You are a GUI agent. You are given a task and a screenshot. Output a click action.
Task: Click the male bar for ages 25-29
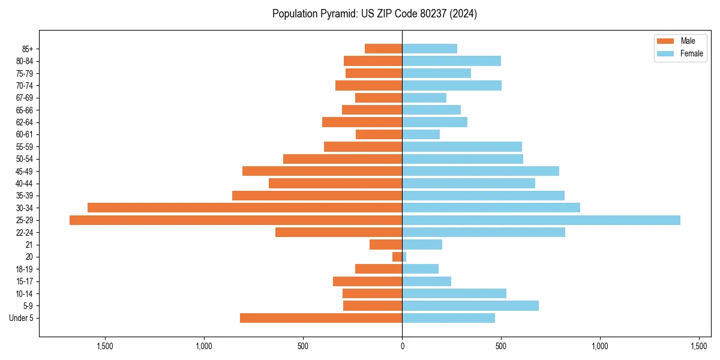pos(236,220)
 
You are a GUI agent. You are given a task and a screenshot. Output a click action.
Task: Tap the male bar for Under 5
pos(321,318)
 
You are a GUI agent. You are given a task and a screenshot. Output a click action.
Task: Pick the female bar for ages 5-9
pos(470,306)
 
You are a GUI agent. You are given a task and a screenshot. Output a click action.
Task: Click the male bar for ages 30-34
pos(245,208)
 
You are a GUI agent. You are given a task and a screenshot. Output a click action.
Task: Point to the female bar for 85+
pos(430,49)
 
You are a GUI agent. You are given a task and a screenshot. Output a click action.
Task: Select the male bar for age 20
pos(397,257)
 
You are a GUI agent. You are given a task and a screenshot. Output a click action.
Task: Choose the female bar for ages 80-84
pos(451,61)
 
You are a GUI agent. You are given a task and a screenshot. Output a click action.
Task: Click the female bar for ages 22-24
pos(484,232)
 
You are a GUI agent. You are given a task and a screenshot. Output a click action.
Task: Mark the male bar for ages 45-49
pos(322,171)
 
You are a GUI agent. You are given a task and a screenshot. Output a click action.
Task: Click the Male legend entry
pos(688,41)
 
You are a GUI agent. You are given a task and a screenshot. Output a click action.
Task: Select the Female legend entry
pos(691,53)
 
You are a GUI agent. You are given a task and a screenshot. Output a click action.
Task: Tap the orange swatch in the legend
pos(666,41)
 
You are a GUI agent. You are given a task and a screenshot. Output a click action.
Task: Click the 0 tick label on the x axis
pos(402,346)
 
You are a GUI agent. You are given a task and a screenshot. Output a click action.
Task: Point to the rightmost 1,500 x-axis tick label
pos(699,346)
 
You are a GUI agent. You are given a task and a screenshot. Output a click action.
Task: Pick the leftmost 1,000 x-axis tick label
pos(204,346)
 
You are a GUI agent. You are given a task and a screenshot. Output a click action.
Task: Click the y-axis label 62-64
pos(25,122)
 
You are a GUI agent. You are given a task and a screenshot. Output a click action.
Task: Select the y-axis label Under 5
pos(21,318)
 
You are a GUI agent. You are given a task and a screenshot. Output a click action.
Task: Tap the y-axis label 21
pos(29,245)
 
